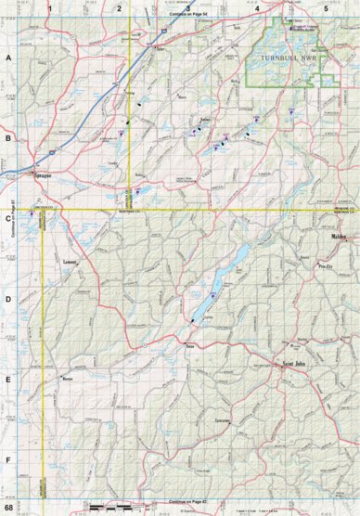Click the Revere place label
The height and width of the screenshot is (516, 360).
click(66, 381)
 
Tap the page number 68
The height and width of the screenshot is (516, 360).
click(9, 507)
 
